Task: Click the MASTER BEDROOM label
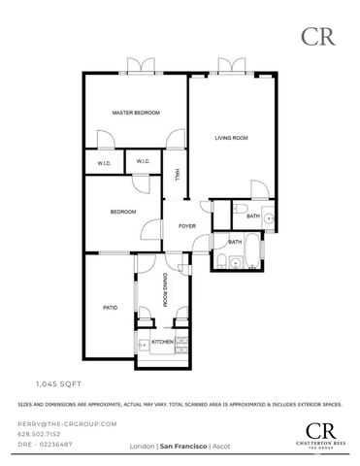click(135, 114)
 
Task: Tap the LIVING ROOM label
click(232, 139)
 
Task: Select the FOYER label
click(187, 226)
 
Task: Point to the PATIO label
click(111, 308)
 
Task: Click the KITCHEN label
click(162, 342)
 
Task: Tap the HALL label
click(178, 175)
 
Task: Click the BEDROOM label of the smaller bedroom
click(122, 212)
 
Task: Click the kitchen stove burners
click(143, 343)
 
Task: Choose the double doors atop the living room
click(231, 66)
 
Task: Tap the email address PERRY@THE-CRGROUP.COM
click(67, 424)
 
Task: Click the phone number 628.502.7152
click(43, 434)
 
